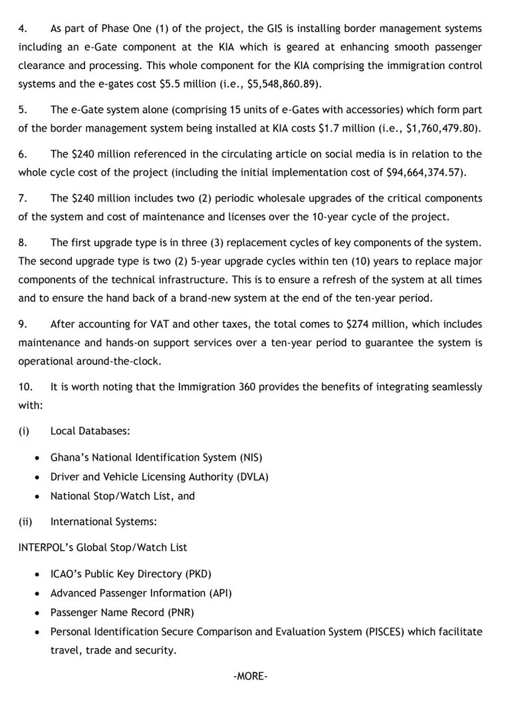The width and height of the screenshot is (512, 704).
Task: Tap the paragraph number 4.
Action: (x=22, y=29)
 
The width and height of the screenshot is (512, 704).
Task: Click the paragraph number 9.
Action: (x=22, y=324)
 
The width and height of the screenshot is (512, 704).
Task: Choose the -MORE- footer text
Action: (x=251, y=676)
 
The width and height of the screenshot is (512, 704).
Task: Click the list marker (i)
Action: (x=23, y=431)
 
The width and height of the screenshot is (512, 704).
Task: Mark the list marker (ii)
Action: (x=25, y=522)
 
